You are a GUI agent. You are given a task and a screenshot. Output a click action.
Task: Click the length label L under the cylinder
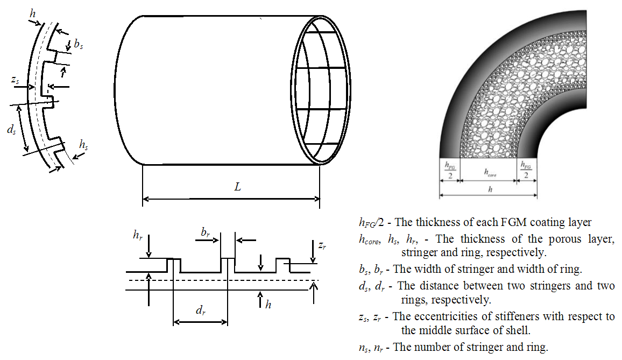pos(237,187)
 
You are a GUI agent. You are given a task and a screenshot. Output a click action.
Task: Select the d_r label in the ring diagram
pos(201,310)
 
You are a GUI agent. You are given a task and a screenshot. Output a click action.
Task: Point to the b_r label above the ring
pos(206,232)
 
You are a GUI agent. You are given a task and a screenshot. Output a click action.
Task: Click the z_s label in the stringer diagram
pos(16,80)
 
